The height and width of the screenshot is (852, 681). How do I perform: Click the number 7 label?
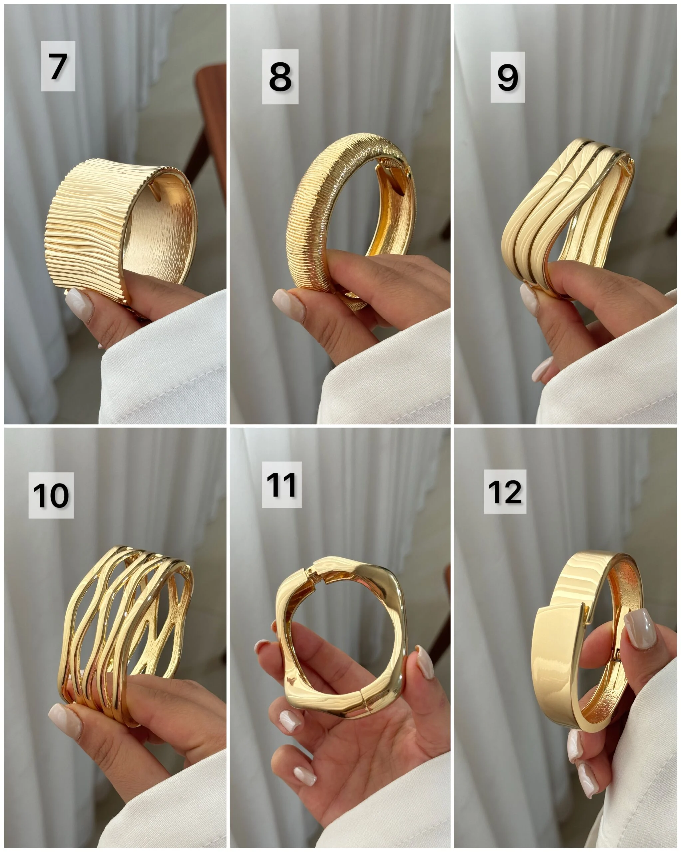[58, 66]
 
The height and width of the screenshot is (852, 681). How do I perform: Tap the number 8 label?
[280, 77]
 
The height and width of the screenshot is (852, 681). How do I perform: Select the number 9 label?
[508, 77]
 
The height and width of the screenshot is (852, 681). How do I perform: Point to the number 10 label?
[51, 495]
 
